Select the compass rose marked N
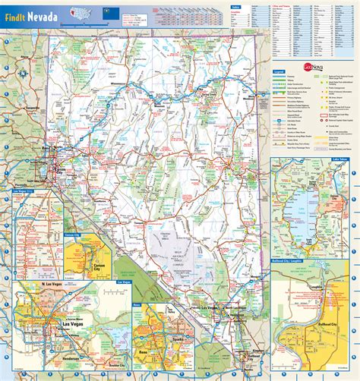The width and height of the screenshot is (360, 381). (26, 72)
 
